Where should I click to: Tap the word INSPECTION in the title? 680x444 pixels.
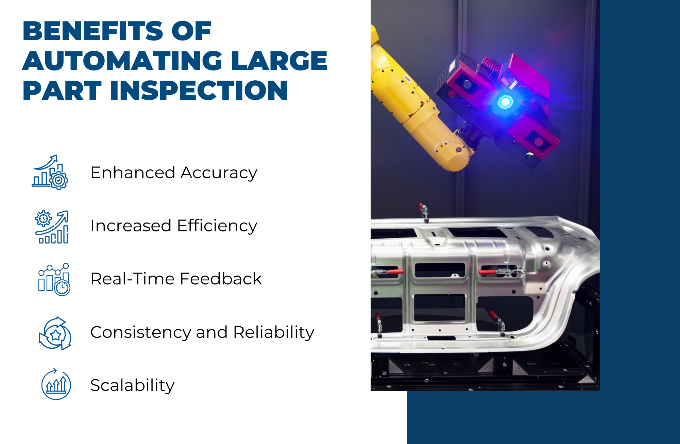point(199,91)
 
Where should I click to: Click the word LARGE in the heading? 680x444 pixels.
point(279,61)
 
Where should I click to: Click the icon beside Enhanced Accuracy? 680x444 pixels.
point(50,172)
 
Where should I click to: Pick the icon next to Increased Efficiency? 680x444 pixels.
point(52,227)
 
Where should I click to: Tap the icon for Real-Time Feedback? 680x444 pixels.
point(54,279)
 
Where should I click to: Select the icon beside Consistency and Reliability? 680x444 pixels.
point(55,333)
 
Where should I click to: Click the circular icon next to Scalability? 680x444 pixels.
point(56,384)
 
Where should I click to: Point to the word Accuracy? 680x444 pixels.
point(219,173)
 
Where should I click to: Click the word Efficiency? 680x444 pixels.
point(217,226)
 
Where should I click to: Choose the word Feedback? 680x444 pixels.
point(221,279)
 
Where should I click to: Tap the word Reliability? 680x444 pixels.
point(274,332)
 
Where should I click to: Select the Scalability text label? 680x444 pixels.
point(132,385)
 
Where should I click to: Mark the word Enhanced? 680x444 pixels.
point(133,173)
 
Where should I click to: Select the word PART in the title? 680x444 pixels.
point(62,91)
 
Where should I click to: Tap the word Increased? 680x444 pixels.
point(131,226)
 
